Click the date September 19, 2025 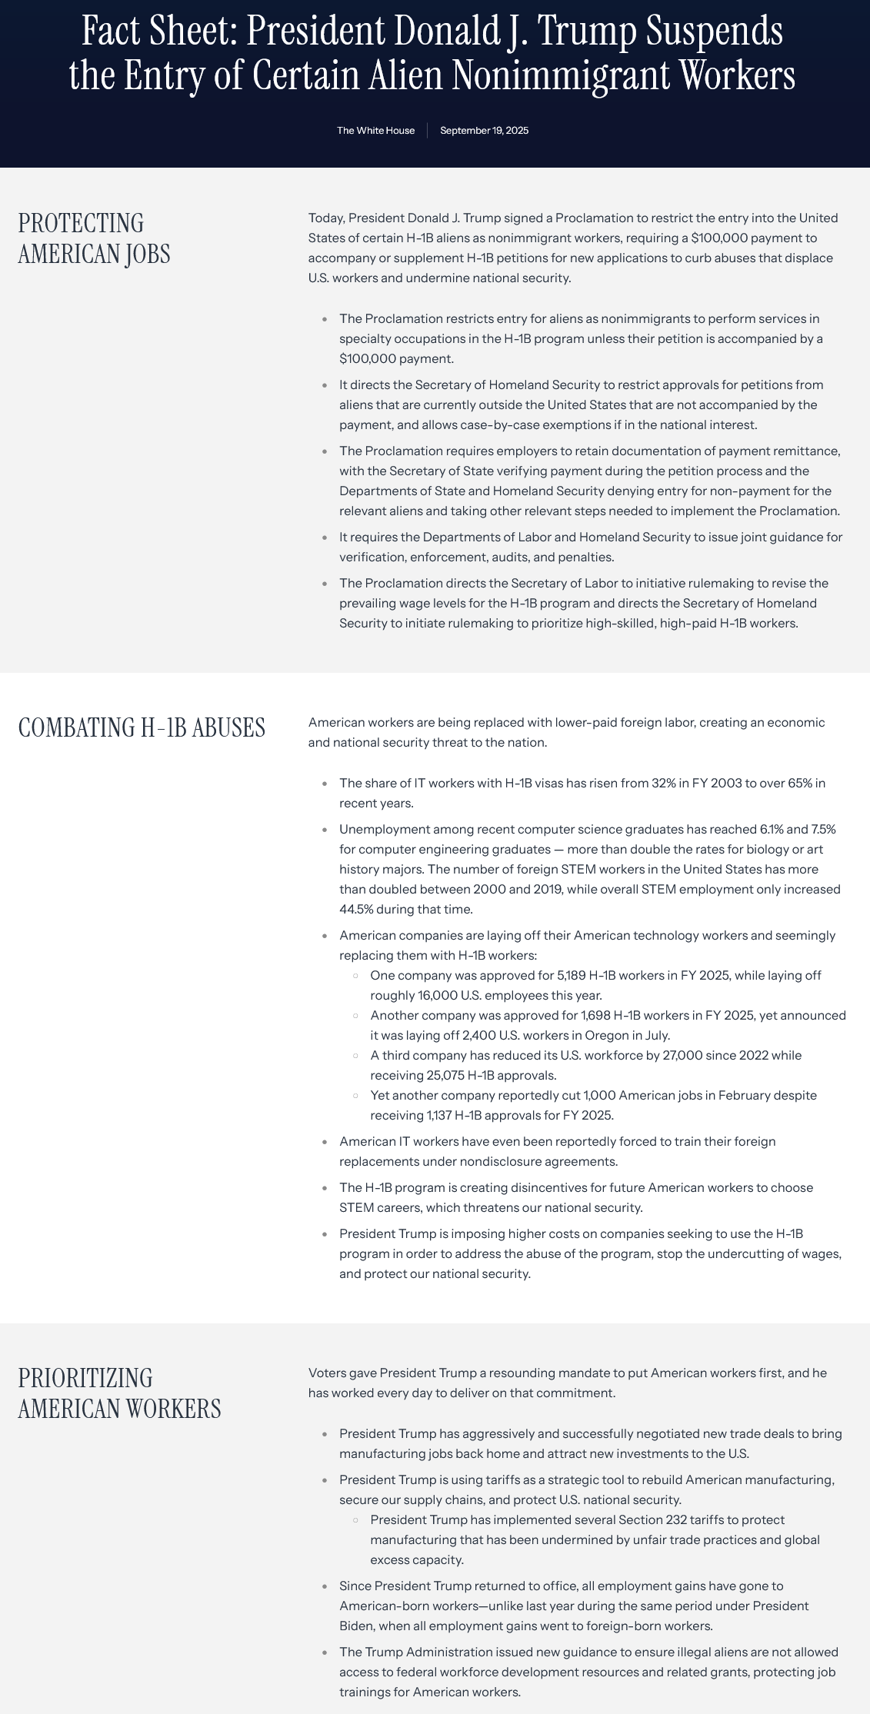click(484, 131)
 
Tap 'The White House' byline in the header click(375, 131)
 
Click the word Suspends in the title click(714, 32)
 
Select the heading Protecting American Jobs click(94, 238)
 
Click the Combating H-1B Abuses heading click(142, 727)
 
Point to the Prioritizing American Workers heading click(119, 1393)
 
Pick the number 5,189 click(572, 975)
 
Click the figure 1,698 click(595, 1015)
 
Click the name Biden click(356, 1626)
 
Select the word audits click(529, 557)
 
